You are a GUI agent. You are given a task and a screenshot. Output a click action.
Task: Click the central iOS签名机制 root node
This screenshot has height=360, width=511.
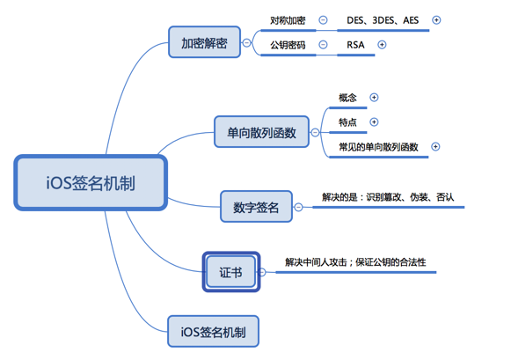tap(91, 182)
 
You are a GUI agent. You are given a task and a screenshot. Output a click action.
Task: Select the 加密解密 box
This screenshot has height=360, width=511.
tap(204, 42)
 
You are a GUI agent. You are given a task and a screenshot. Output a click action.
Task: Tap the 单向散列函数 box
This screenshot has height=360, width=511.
tap(261, 132)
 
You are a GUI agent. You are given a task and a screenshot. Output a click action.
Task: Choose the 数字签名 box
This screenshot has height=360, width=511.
tap(256, 207)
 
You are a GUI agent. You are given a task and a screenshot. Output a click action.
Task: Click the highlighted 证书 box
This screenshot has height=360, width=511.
tap(231, 272)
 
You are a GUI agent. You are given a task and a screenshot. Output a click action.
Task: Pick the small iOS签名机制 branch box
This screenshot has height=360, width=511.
tap(213, 331)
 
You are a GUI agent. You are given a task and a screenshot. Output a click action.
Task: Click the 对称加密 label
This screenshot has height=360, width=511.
tap(288, 20)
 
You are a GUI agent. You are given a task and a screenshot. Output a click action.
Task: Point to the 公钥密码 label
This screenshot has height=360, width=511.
tap(288, 45)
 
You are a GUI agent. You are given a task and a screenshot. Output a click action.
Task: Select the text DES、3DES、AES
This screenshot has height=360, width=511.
tap(383, 20)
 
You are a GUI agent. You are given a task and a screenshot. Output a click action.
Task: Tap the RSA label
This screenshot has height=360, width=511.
tap(355, 45)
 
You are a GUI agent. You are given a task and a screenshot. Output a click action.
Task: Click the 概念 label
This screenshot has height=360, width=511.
tap(347, 98)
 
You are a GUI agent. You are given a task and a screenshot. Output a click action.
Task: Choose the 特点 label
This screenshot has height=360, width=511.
tap(347, 122)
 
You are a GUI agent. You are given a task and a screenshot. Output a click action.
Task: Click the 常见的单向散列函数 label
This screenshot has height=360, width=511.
tap(378, 147)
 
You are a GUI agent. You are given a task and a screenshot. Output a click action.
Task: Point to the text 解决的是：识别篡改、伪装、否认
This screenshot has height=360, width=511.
tap(388, 197)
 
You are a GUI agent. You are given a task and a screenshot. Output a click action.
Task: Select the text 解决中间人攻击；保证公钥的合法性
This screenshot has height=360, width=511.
tap(355, 262)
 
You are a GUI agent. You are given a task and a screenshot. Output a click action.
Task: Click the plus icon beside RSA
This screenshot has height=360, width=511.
tap(382, 45)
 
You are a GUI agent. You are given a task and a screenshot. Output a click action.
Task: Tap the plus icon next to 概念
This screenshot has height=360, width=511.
tap(374, 97)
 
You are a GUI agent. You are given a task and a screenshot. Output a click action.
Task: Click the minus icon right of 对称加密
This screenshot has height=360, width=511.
tap(323, 20)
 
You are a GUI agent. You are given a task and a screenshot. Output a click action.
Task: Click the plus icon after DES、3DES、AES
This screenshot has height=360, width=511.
tap(436, 20)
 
